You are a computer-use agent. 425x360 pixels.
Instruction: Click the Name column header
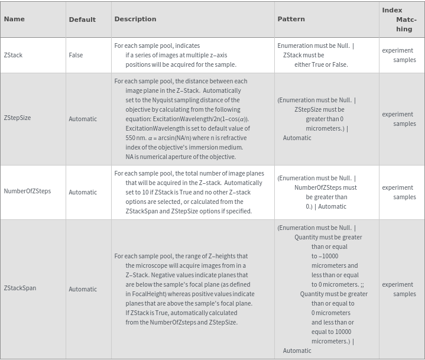coord(14,19)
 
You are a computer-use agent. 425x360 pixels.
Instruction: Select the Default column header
coord(82,20)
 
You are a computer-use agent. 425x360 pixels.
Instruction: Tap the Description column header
coord(135,19)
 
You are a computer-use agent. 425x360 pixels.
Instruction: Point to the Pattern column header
coord(291,19)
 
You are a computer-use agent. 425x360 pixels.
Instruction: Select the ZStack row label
coord(13,55)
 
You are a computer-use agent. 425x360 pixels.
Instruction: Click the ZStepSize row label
coord(17,118)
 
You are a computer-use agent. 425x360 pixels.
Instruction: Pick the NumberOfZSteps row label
coord(27,192)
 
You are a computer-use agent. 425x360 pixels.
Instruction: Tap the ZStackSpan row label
coord(20,288)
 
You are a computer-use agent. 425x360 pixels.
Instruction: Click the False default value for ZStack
coord(76,55)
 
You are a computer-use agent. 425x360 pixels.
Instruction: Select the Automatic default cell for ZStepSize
coord(83,119)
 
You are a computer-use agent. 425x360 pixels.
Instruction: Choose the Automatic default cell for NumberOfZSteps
coord(83,192)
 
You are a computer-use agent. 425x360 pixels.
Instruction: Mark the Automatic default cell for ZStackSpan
coord(83,289)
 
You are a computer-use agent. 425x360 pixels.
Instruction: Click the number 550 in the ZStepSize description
coord(131,138)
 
